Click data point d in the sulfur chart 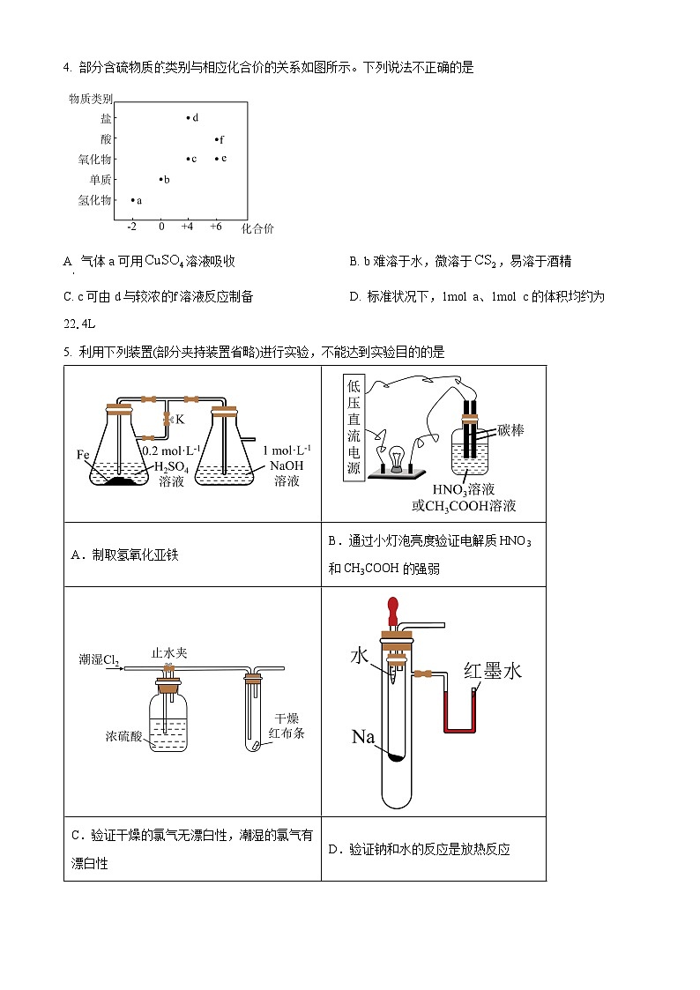(x=188, y=117)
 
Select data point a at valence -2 (x=132, y=200)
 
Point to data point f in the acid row (x=216, y=139)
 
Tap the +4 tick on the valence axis (x=188, y=227)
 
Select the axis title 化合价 (x=257, y=228)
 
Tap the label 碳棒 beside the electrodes (x=510, y=430)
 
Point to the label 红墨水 (x=494, y=671)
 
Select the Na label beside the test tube (x=363, y=736)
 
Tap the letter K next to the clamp (x=180, y=420)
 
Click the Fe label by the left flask (x=84, y=455)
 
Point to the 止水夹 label (x=169, y=653)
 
